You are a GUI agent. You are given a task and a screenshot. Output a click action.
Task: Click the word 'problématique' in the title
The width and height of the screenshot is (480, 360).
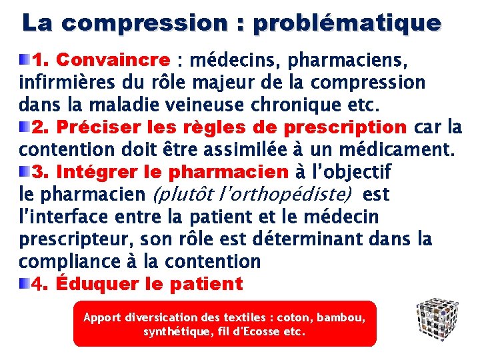pyautogui.click(x=347, y=23)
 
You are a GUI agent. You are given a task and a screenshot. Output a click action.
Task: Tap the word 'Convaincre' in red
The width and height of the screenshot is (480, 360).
pyautogui.click(x=113, y=60)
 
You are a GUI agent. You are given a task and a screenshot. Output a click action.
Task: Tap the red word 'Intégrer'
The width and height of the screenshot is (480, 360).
pyautogui.click(x=93, y=172)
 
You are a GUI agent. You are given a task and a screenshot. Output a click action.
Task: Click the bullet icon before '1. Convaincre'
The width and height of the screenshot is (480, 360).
pyautogui.click(x=25, y=60)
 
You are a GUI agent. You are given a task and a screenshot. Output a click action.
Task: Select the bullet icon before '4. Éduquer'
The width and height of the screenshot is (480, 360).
pyautogui.click(x=25, y=284)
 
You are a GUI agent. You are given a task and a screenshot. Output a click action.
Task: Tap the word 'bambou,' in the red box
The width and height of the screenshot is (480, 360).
pyautogui.click(x=342, y=317)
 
